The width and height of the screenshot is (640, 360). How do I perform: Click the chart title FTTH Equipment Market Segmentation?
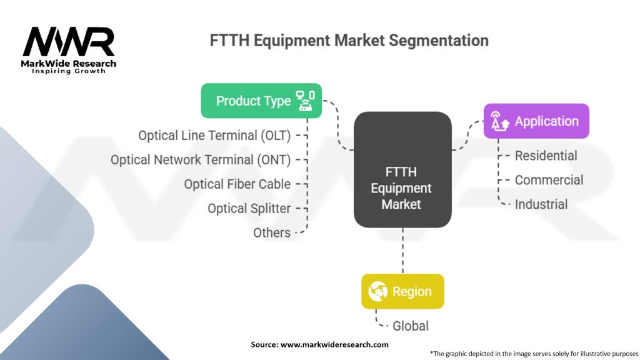(x=349, y=41)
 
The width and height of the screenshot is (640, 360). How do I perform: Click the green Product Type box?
(x=261, y=101)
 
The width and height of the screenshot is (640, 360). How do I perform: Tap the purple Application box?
(x=536, y=121)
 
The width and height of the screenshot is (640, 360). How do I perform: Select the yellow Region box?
(x=402, y=291)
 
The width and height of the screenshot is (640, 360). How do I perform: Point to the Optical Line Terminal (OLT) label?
(x=214, y=135)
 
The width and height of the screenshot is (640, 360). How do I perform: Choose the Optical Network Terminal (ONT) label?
(x=201, y=159)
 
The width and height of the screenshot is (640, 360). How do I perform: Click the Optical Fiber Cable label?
(x=237, y=184)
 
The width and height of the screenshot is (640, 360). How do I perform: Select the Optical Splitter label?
(x=249, y=208)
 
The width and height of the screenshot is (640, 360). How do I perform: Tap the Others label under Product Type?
(x=271, y=232)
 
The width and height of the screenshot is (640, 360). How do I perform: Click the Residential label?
(x=546, y=156)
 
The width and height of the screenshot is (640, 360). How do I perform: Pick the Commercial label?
(x=549, y=180)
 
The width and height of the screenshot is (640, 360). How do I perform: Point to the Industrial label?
(x=541, y=204)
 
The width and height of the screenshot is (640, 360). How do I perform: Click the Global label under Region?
(x=410, y=326)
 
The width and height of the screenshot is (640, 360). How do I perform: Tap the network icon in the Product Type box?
(x=305, y=100)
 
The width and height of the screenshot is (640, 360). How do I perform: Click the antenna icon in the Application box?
(x=500, y=121)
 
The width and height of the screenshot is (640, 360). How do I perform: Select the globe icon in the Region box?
(x=378, y=291)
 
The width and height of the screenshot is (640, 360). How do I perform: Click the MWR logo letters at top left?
(x=69, y=42)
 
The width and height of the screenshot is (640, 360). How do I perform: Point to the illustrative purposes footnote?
(x=534, y=353)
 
